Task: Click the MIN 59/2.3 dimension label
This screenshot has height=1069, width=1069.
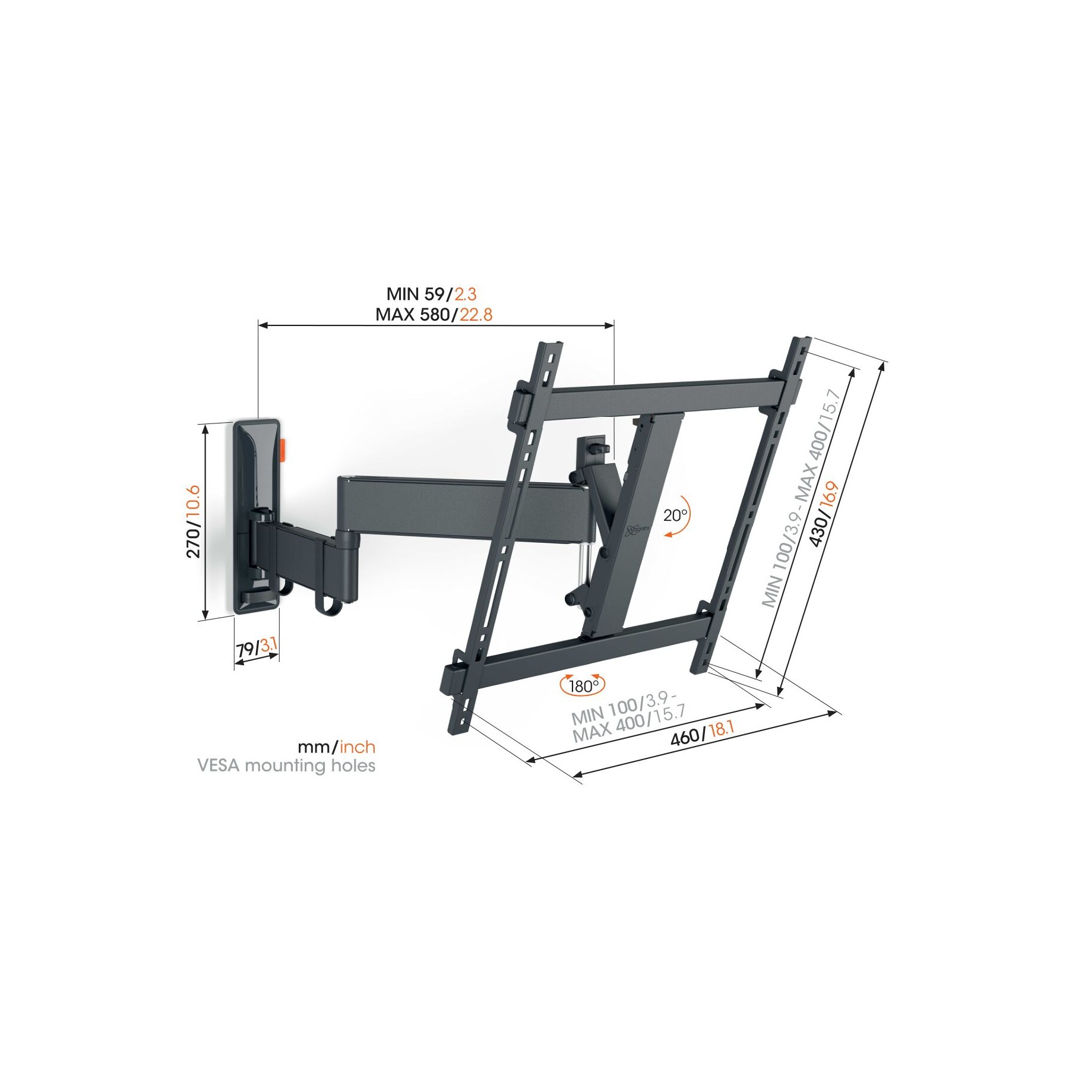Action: pos(432,294)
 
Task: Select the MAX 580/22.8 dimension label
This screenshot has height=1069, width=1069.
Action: pos(434,315)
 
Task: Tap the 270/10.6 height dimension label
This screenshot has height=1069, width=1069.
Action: pos(194,521)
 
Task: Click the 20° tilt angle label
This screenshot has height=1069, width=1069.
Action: pos(675,515)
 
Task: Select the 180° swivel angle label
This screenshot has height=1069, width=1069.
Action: pos(584,687)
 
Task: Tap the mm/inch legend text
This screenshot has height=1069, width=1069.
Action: pos(337,747)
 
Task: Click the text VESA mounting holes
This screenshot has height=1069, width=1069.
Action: pos(286,766)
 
